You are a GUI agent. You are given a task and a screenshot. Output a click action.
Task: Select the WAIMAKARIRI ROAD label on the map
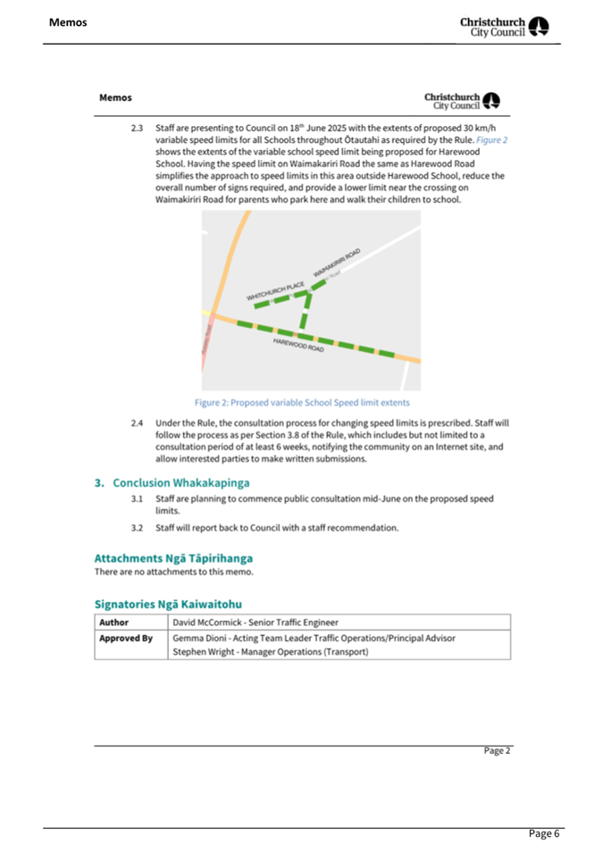pyautogui.click(x=338, y=263)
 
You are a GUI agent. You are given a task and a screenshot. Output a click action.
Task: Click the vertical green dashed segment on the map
pyautogui.click(x=305, y=314)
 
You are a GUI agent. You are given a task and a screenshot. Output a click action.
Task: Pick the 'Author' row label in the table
pyautogui.click(x=113, y=622)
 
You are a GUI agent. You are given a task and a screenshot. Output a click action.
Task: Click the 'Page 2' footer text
pyautogui.click(x=498, y=751)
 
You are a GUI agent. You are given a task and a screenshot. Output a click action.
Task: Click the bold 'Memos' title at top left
pyautogui.click(x=68, y=21)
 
